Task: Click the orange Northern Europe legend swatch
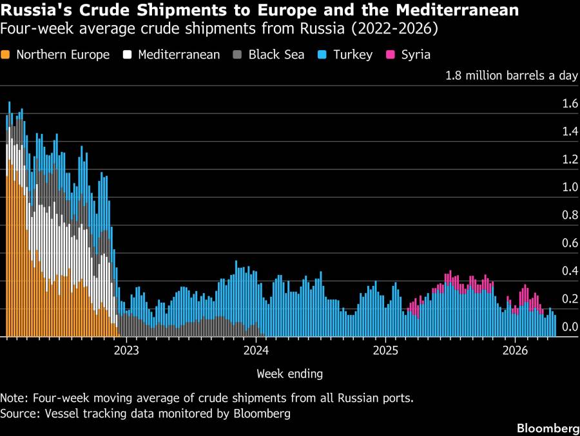click(6, 55)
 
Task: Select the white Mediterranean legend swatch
click(127, 55)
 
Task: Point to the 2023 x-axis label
click(126, 350)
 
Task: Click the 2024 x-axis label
click(256, 350)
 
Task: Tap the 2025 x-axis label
click(385, 350)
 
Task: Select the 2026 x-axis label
click(515, 350)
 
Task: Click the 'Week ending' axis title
click(289, 374)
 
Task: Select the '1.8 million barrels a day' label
click(512, 75)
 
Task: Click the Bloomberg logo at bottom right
click(547, 428)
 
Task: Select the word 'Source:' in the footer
click(21, 413)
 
